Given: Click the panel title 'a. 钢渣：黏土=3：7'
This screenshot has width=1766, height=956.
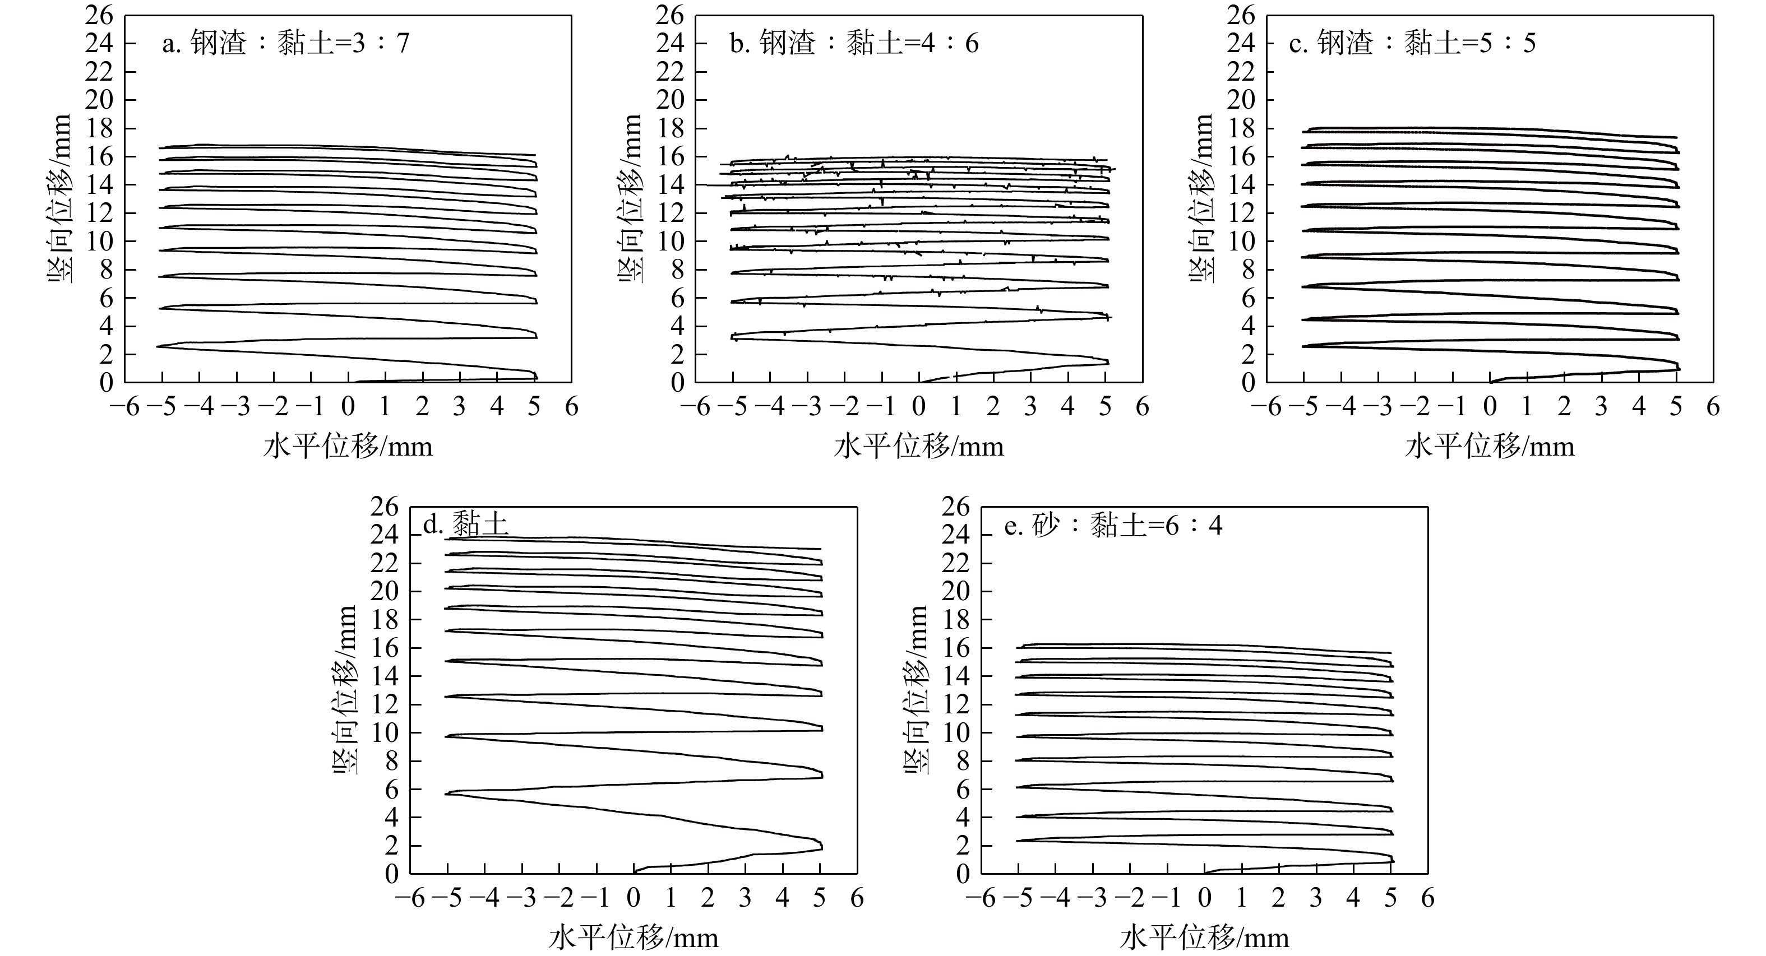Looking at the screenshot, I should click(x=285, y=44).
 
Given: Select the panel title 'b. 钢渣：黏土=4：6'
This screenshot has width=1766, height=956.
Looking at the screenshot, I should click(x=854, y=44).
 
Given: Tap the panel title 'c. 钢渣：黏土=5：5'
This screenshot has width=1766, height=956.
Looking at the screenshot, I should click(x=1412, y=44).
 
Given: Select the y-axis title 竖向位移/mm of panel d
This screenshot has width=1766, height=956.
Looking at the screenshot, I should click(x=345, y=689).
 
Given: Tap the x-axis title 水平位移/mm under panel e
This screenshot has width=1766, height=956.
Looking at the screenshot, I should click(x=1205, y=938).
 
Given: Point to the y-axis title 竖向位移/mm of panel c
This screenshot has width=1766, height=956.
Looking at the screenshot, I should click(x=1201, y=199).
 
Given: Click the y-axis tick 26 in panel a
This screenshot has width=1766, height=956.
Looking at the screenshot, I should click(x=99, y=15).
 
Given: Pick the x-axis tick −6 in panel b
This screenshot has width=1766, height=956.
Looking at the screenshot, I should click(x=695, y=407).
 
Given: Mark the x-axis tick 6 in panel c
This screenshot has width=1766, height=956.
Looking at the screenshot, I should click(x=1713, y=407).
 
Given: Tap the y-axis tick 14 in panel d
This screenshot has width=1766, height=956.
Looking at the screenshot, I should click(x=385, y=676).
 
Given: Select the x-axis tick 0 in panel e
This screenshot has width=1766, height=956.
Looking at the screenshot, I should click(x=1205, y=898).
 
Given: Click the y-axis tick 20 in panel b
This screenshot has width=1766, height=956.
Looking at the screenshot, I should click(x=670, y=100).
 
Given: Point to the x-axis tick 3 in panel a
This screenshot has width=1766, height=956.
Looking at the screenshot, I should click(x=459, y=407).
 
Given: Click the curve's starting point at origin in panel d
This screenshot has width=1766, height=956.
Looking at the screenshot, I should click(x=634, y=873).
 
